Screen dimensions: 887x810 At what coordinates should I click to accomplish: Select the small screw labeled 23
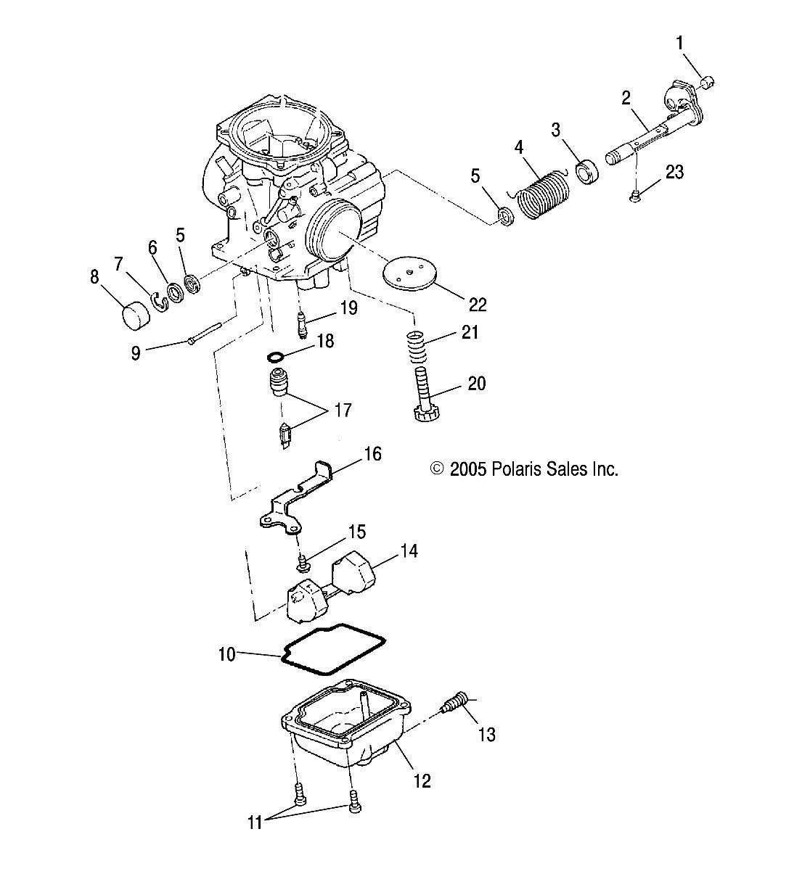[636, 194]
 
